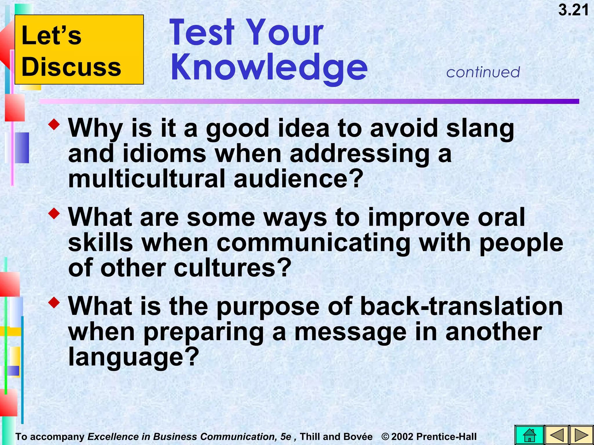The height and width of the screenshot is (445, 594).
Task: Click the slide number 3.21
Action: [573, 10]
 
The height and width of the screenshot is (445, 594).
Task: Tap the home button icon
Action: [529, 435]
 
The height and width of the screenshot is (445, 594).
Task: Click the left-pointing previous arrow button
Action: [556, 435]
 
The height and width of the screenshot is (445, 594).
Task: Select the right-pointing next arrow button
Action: [581, 435]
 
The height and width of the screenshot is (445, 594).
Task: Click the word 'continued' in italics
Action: [483, 72]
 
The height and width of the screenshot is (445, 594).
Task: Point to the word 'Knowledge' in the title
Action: [269, 67]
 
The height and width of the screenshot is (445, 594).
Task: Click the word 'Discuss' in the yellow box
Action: [71, 67]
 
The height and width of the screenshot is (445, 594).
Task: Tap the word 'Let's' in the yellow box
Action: [52, 35]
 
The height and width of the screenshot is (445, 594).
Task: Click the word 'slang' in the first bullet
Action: [480, 129]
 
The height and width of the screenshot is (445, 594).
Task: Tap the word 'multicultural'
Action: [147, 179]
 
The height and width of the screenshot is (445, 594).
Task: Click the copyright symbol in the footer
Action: [385, 436]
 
